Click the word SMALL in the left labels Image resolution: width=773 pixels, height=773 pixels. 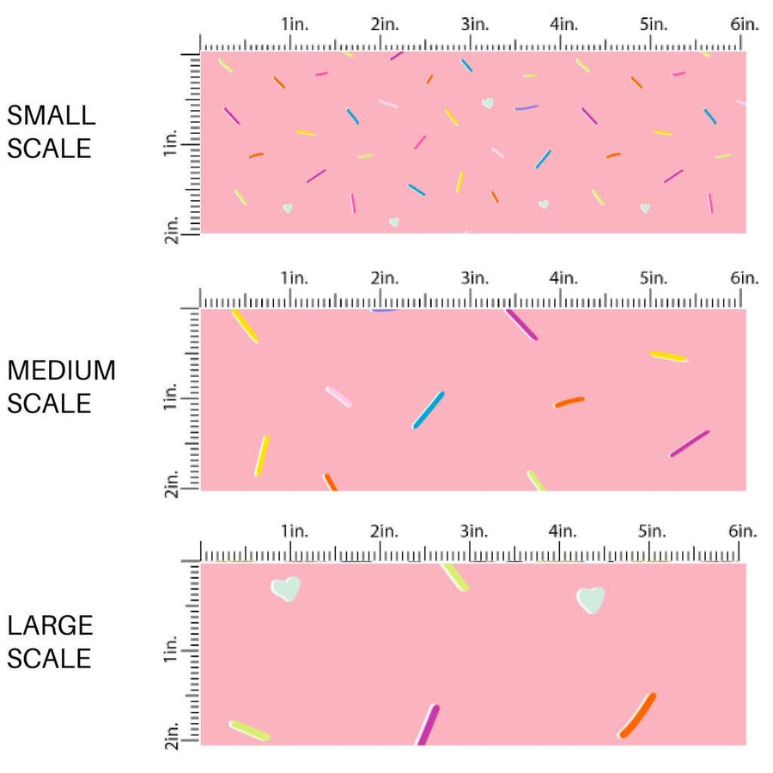(51, 115)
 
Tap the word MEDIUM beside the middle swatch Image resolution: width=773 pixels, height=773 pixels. (61, 370)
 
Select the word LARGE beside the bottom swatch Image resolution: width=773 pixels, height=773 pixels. (51, 625)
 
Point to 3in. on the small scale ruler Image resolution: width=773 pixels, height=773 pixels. (474, 24)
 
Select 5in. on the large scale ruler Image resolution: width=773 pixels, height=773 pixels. (654, 531)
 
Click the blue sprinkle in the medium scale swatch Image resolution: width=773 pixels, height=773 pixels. (429, 410)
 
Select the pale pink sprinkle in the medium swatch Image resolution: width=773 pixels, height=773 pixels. (338, 396)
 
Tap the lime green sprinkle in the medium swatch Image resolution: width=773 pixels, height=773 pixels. (536, 481)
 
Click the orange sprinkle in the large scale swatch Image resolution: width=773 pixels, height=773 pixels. (637, 715)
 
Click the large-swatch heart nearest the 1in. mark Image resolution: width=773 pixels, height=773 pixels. (286, 588)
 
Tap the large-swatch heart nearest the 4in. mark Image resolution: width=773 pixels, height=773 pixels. (591, 599)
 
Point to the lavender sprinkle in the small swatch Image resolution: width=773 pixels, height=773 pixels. (526, 108)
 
